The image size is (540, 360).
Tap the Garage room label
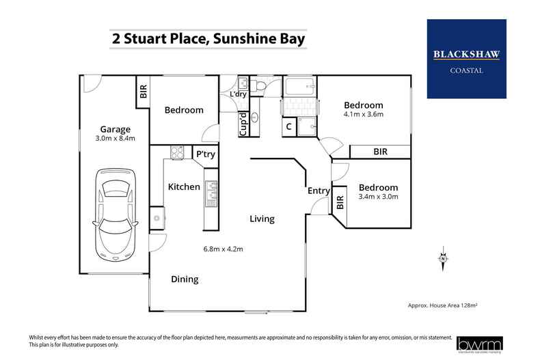coord(115,129)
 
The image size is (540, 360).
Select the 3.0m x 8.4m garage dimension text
coord(115,139)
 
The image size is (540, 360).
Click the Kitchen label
coord(184,186)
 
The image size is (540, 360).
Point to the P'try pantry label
coord(205,154)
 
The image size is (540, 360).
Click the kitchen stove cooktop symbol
coord(177,153)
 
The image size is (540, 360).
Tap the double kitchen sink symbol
coord(211,193)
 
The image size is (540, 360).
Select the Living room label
coord(262,219)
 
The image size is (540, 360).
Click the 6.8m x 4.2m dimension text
coord(223,249)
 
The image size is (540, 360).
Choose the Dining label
coord(185,279)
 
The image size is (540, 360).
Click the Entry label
coord(319,191)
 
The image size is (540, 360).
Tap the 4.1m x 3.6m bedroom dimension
coord(363,114)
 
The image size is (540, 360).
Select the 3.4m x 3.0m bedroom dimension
coord(378,197)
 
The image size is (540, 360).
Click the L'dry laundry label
coord(238,94)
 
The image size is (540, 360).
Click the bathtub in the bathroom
coord(299,87)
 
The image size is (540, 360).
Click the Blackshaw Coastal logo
coord(466,59)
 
